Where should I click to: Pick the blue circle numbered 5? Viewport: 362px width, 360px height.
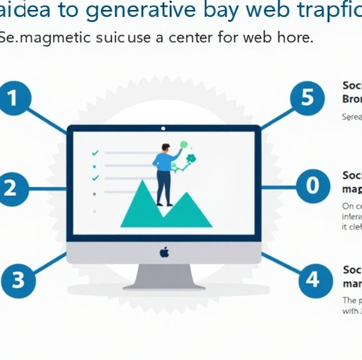306,99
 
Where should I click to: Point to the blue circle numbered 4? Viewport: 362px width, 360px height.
312,279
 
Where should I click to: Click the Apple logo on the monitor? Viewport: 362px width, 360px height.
164,252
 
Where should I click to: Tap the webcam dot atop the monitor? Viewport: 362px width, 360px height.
164,129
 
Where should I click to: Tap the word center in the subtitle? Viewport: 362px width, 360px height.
187,37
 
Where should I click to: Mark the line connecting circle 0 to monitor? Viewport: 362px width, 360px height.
278,186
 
